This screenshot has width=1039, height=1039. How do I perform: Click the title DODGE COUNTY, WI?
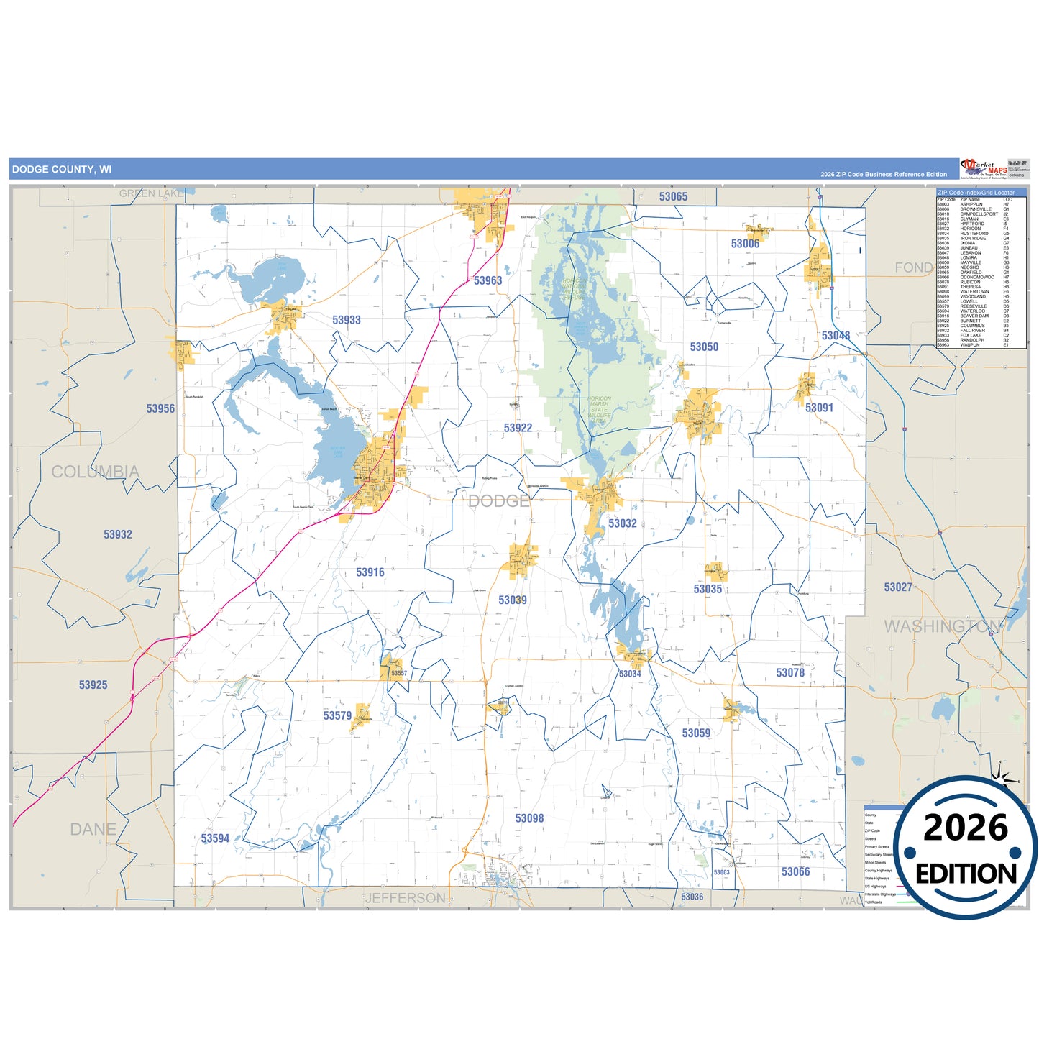click(x=62, y=170)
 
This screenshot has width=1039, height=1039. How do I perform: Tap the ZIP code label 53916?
click(x=370, y=572)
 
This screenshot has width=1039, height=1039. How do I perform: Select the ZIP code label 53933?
click(x=347, y=320)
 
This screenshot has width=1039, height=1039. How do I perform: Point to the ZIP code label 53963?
click(x=488, y=280)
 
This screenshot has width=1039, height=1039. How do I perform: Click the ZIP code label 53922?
click(x=518, y=428)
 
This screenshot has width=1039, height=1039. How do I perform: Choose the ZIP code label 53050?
click(x=704, y=347)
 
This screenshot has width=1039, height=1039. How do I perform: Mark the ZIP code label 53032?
click(x=622, y=523)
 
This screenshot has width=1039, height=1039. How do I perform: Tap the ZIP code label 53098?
click(x=529, y=818)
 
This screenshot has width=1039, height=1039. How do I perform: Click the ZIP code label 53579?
click(x=337, y=715)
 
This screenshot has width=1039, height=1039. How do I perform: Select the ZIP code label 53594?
click(x=215, y=838)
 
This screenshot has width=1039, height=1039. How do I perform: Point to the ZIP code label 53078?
click(x=789, y=672)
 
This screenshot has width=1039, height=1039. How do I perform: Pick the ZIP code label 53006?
click(x=745, y=244)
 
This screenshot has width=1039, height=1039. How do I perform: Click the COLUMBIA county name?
click(x=95, y=472)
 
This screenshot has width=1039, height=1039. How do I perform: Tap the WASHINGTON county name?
click(x=943, y=626)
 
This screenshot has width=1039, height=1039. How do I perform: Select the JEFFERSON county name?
click(x=406, y=898)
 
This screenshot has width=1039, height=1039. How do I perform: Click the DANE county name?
click(x=93, y=829)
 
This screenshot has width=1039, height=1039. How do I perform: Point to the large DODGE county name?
click(x=498, y=501)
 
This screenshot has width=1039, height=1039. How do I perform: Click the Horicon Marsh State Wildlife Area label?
click(x=599, y=409)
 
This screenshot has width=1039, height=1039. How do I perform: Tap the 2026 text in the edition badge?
click(x=966, y=828)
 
